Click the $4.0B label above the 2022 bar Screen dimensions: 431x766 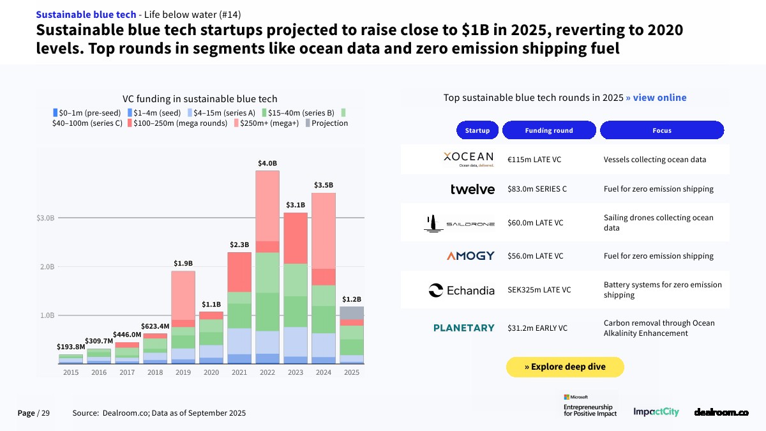pos(267,163)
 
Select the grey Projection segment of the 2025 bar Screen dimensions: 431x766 pos(351,313)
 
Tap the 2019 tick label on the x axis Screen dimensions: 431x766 pos(183,372)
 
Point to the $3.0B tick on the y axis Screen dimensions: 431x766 pos(47,218)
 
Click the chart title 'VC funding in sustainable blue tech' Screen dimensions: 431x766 pos(200,99)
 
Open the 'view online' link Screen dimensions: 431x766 pos(656,98)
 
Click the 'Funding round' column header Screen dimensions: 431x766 pos(549,130)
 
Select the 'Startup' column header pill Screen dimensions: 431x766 pos(477,130)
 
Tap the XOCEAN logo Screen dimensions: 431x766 pos(468,158)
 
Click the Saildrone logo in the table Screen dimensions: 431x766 pos(460,223)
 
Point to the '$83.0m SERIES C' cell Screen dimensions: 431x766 pos(537,189)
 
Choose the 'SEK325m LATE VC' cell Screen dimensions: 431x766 pos(539,290)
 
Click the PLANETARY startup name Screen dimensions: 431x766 pos(464,328)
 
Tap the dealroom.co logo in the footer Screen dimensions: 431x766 pos(721,412)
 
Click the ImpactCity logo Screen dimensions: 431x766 pos(656,412)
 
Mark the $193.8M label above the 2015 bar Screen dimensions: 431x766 pos(71,347)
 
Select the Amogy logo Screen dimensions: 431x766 pos(470,256)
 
